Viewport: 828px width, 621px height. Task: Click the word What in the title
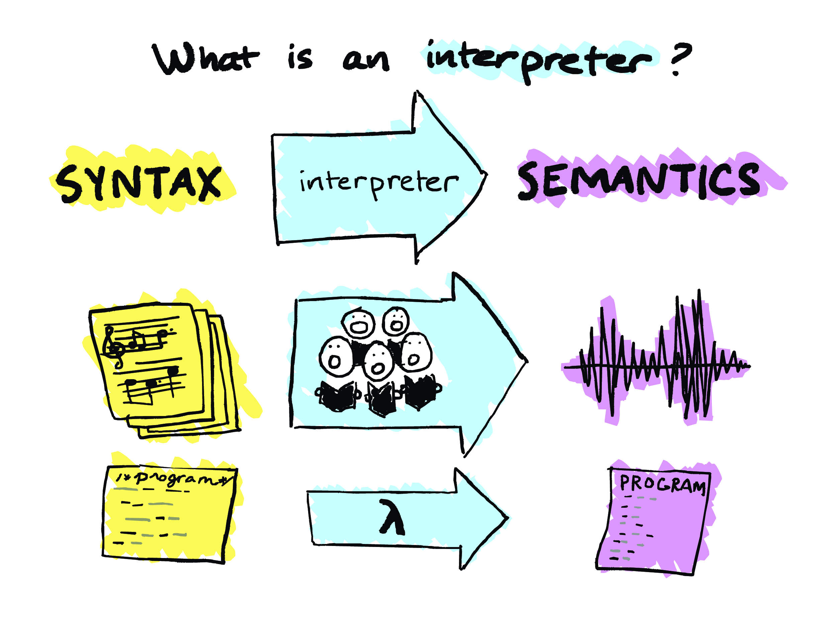(x=205, y=59)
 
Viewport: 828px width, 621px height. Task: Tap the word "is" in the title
(x=300, y=58)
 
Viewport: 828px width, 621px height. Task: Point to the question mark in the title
(x=680, y=58)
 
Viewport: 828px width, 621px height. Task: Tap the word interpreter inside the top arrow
(x=378, y=183)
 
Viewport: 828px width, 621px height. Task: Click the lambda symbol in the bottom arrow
(x=391, y=517)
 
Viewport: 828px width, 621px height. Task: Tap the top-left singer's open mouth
(x=359, y=327)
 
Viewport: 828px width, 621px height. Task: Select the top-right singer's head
(x=396, y=321)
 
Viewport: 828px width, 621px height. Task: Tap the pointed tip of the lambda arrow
(x=507, y=518)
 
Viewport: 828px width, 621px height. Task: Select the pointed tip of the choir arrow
(x=527, y=361)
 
